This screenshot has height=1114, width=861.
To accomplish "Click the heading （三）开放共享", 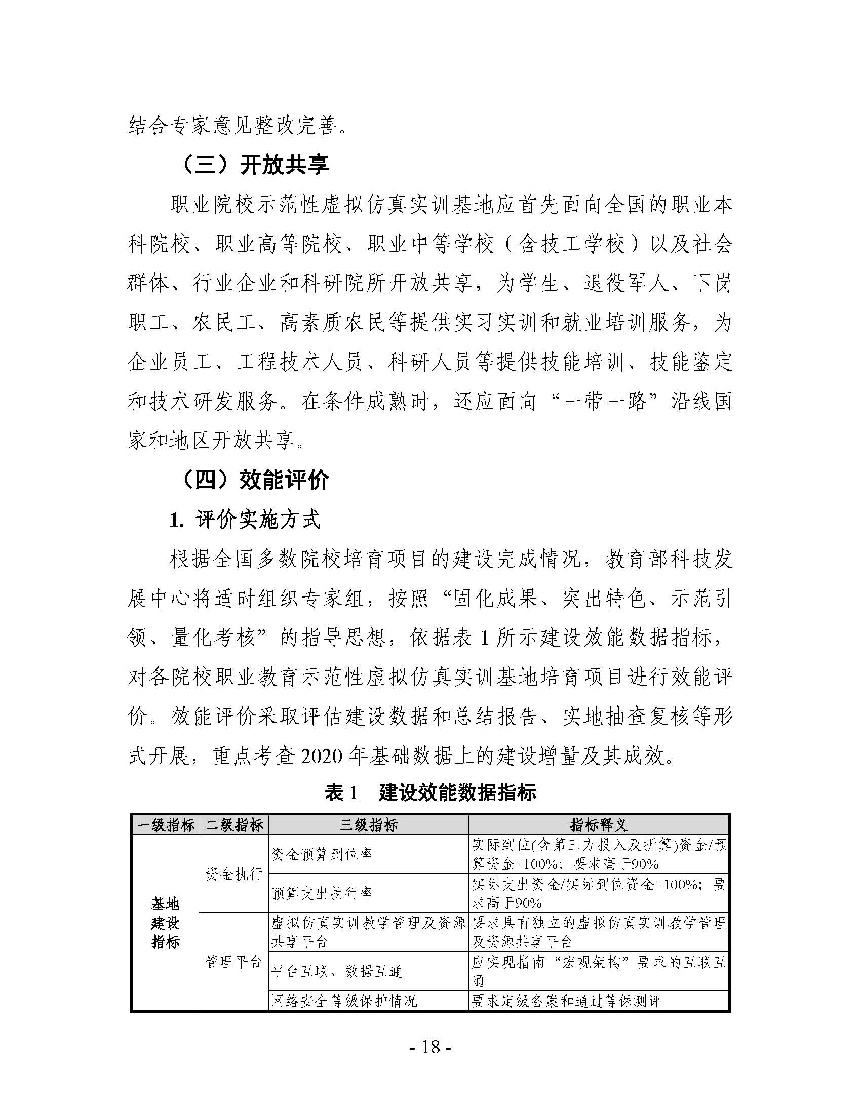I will tap(255, 165).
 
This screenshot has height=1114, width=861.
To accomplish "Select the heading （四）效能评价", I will tap(255, 480).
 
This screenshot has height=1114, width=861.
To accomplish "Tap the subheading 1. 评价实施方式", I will tap(245, 520).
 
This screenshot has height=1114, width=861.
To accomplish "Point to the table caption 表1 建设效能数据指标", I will tap(430, 792).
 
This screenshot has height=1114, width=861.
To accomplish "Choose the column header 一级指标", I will tap(165, 825).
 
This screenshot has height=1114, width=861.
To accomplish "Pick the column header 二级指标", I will tap(234, 825).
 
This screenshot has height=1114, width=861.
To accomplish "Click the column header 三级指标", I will tap(368, 825).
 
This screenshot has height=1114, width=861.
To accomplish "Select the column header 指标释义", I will tap(598, 825).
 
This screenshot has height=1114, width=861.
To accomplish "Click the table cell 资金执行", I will tap(234, 874).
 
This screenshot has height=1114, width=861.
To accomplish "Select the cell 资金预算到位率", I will tap(322, 854).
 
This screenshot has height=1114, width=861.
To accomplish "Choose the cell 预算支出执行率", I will tap(322, 893).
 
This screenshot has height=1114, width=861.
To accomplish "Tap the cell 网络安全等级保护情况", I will tap(344, 1001).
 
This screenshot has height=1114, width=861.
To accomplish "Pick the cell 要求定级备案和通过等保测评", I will tap(566, 1001).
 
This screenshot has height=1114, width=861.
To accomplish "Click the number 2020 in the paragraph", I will tap(321, 755).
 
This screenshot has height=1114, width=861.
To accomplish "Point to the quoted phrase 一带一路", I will tap(604, 402).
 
